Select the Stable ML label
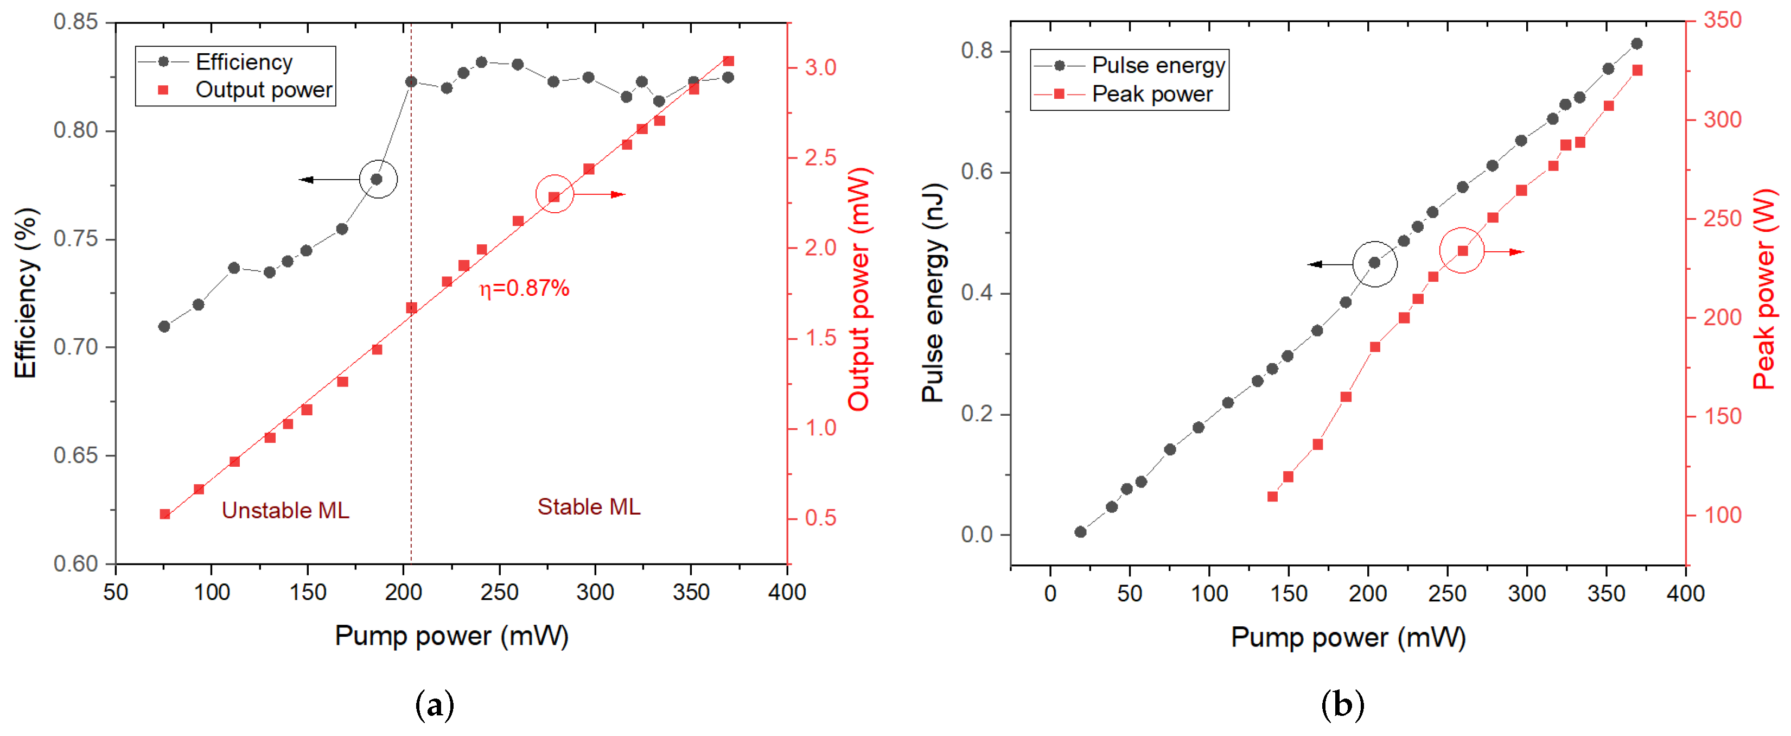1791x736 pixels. (588, 506)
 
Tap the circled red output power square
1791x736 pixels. (554, 198)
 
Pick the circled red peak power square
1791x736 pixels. (1462, 250)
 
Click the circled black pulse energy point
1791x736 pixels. (1374, 262)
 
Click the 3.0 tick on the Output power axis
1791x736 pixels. (820, 67)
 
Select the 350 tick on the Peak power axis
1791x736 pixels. (1722, 20)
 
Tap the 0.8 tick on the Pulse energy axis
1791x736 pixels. (976, 51)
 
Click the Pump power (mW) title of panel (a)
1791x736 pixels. (451, 635)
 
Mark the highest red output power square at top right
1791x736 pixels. (728, 61)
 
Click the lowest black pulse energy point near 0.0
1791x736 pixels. (1080, 531)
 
